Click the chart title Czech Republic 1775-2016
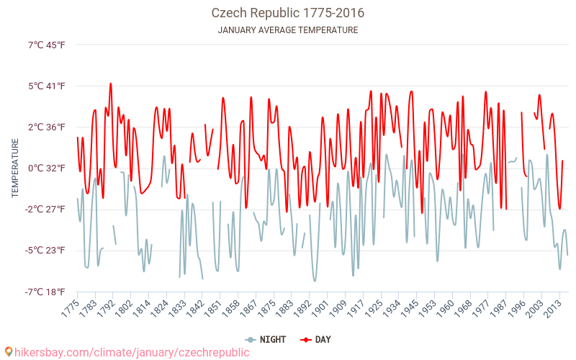coord(287,13)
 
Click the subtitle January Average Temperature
coord(287,30)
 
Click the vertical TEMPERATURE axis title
coord(15,168)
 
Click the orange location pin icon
coord(9,352)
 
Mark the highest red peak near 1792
coord(110,84)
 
